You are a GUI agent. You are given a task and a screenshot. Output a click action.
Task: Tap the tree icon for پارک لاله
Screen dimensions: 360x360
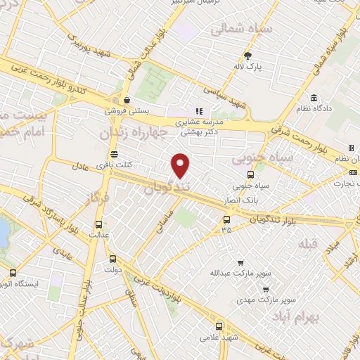(247, 56)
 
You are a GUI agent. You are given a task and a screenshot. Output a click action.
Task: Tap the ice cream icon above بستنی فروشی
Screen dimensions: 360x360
(125, 100)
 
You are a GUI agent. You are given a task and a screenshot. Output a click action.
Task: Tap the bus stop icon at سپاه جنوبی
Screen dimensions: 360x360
(250, 175)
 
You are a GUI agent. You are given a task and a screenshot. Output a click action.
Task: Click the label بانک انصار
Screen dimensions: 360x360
(254, 198)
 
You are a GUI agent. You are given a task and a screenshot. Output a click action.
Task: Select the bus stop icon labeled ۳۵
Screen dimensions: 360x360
(226, 219)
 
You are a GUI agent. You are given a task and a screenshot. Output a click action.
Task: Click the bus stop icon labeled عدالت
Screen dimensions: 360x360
(98, 226)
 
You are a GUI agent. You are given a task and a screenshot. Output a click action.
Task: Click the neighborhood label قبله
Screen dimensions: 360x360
(308, 244)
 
